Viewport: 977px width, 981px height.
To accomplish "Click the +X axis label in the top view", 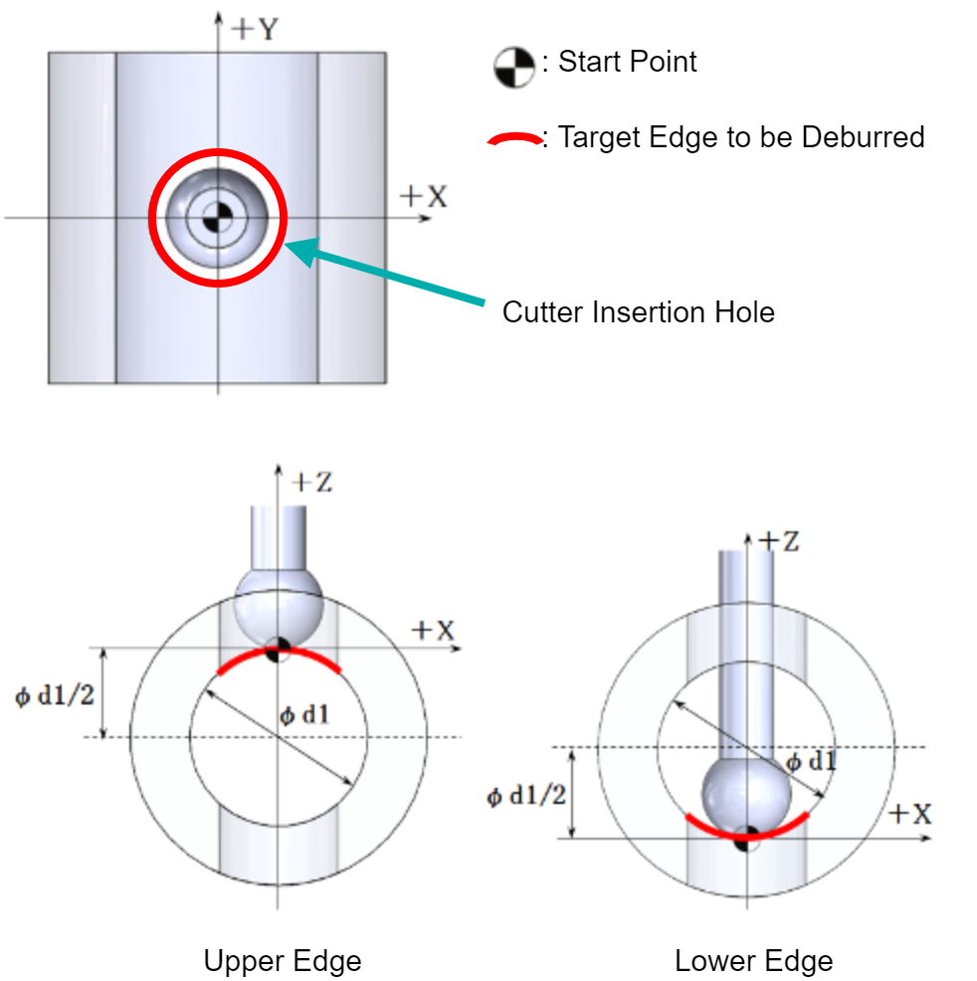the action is tap(424, 196).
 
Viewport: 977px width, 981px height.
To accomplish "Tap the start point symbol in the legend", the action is tap(514, 67).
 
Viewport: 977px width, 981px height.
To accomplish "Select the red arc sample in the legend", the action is tap(514, 139).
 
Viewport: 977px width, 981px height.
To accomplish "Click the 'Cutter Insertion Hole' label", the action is tap(639, 312).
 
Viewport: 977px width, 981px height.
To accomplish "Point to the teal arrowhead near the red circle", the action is tap(302, 251).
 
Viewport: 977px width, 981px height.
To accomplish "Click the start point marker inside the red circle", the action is tap(218, 218).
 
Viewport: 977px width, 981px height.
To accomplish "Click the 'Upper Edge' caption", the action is tap(283, 960).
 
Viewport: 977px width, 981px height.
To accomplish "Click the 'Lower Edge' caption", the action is tap(754, 960).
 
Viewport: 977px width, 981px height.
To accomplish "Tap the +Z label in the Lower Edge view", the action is tap(779, 541).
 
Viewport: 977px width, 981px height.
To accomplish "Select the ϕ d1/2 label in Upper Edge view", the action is tap(55, 695).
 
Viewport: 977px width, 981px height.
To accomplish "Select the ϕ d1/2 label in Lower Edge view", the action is tap(526, 796).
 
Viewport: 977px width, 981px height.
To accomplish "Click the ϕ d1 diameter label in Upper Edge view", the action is tap(304, 714).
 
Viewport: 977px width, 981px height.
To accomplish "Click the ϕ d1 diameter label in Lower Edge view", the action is tap(811, 761).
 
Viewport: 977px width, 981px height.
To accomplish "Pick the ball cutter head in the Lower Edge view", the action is tap(747, 796).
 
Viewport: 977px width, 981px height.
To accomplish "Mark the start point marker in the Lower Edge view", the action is tap(747, 839).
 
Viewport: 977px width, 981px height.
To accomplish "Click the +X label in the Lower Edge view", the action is tap(910, 814).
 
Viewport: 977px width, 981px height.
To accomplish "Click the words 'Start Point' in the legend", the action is tap(628, 62).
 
